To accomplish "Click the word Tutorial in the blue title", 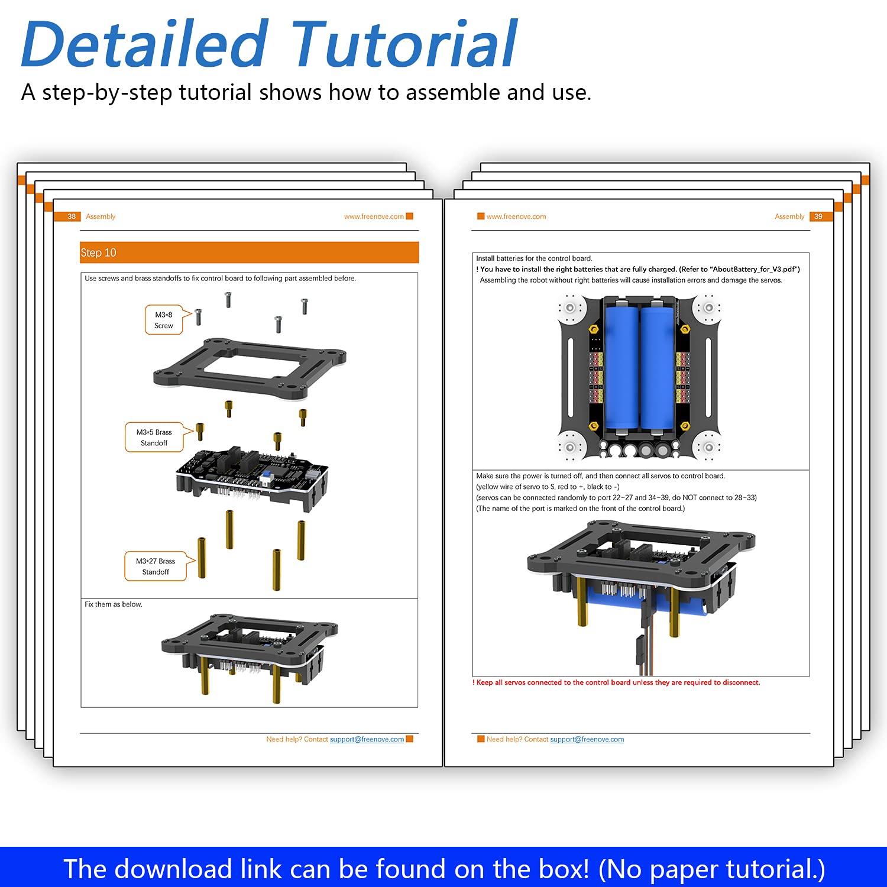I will click(x=404, y=45).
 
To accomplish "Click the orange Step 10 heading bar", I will click(x=249, y=252).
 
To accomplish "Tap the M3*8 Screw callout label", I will click(x=164, y=320).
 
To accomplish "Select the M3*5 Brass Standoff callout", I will click(x=154, y=438).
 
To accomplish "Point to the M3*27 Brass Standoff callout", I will click(x=156, y=566).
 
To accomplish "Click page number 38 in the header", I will click(x=72, y=216).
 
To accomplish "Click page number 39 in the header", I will click(x=818, y=216).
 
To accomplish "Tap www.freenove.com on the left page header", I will click(x=374, y=216).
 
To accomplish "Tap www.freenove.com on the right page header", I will click(x=516, y=216).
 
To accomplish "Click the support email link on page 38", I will click(x=367, y=739).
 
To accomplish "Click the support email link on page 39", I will click(x=587, y=739).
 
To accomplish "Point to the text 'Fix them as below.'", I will click(x=113, y=604).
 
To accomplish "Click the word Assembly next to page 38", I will click(x=101, y=216).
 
